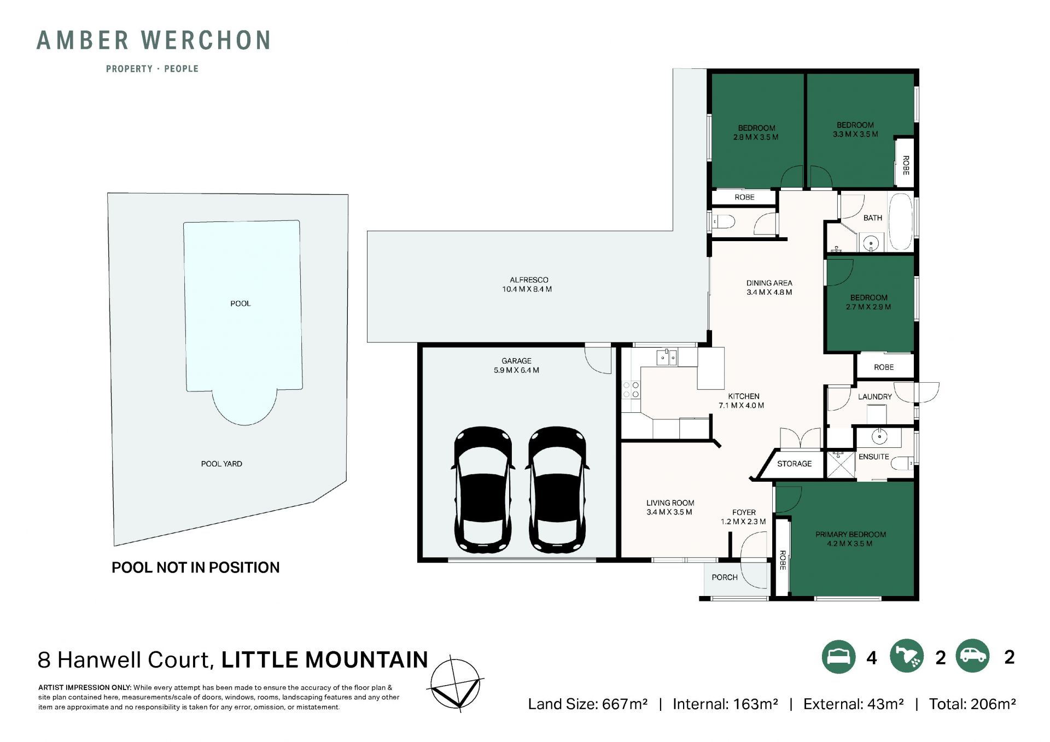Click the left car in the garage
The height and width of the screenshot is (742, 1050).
pyautogui.click(x=483, y=489)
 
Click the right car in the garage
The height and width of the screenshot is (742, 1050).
pyautogui.click(x=557, y=489)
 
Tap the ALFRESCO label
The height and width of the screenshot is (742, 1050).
pyautogui.click(x=529, y=280)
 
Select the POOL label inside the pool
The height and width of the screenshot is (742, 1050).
pyautogui.click(x=241, y=303)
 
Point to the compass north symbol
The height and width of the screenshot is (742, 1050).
pyautogui.click(x=456, y=683)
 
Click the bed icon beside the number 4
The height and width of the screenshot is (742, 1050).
pyautogui.click(x=838, y=656)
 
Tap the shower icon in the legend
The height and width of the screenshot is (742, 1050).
pyautogui.click(x=907, y=656)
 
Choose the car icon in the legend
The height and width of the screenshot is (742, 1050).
pyautogui.click(x=973, y=656)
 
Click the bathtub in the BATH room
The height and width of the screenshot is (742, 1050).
pyautogui.click(x=901, y=221)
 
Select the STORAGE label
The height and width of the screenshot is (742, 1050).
pyautogui.click(x=795, y=464)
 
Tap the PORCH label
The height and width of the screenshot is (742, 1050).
pyautogui.click(x=725, y=577)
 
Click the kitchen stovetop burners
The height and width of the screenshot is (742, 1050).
pyautogui.click(x=631, y=390)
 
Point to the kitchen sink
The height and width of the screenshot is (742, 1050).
pyautogui.click(x=667, y=358)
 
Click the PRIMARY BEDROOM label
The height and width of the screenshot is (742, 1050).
pyautogui.click(x=851, y=535)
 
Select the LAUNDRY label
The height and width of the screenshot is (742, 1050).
pyautogui.click(x=875, y=397)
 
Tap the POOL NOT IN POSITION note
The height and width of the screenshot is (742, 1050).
pyautogui.click(x=196, y=568)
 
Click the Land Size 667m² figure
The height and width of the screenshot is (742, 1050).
pyautogui.click(x=588, y=704)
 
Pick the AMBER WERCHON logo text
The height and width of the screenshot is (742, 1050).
pyautogui.click(x=154, y=40)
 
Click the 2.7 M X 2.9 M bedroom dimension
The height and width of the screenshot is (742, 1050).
pyautogui.click(x=868, y=307)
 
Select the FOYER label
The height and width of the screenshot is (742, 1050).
pyautogui.click(x=744, y=513)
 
